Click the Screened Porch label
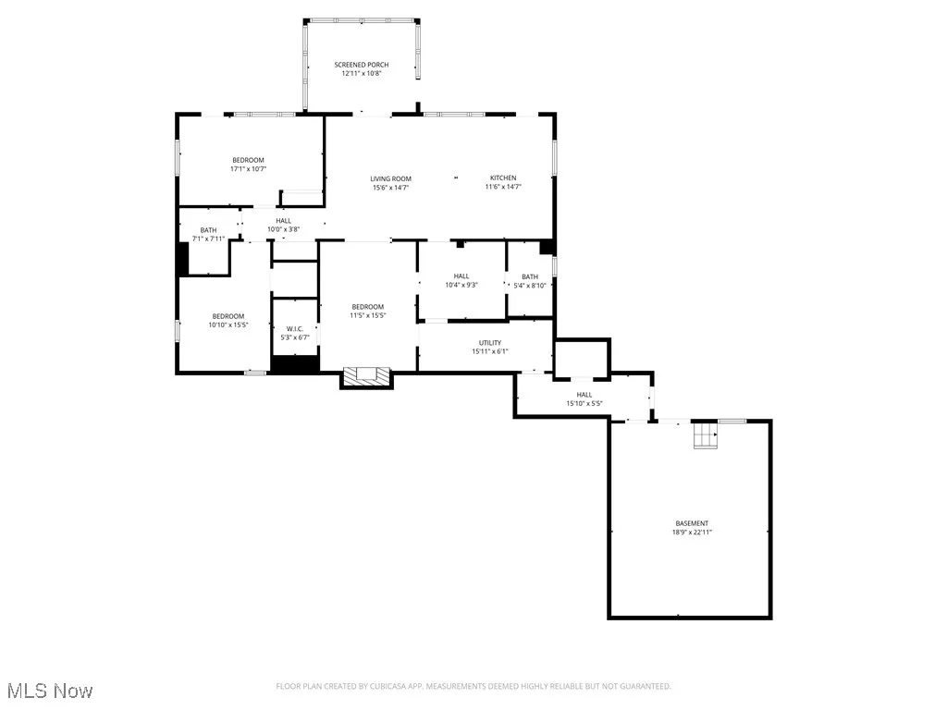[x=361, y=65]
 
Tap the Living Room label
[x=390, y=178]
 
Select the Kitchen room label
[x=503, y=177]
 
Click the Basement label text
[x=691, y=523]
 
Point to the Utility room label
[x=489, y=343]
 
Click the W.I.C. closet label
[x=295, y=329]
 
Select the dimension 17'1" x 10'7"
[x=248, y=169]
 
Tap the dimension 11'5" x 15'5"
[x=367, y=315]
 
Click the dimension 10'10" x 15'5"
[x=228, y=324]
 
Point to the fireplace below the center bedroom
[x=367, y=375]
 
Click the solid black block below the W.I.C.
[x=295, y=363]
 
